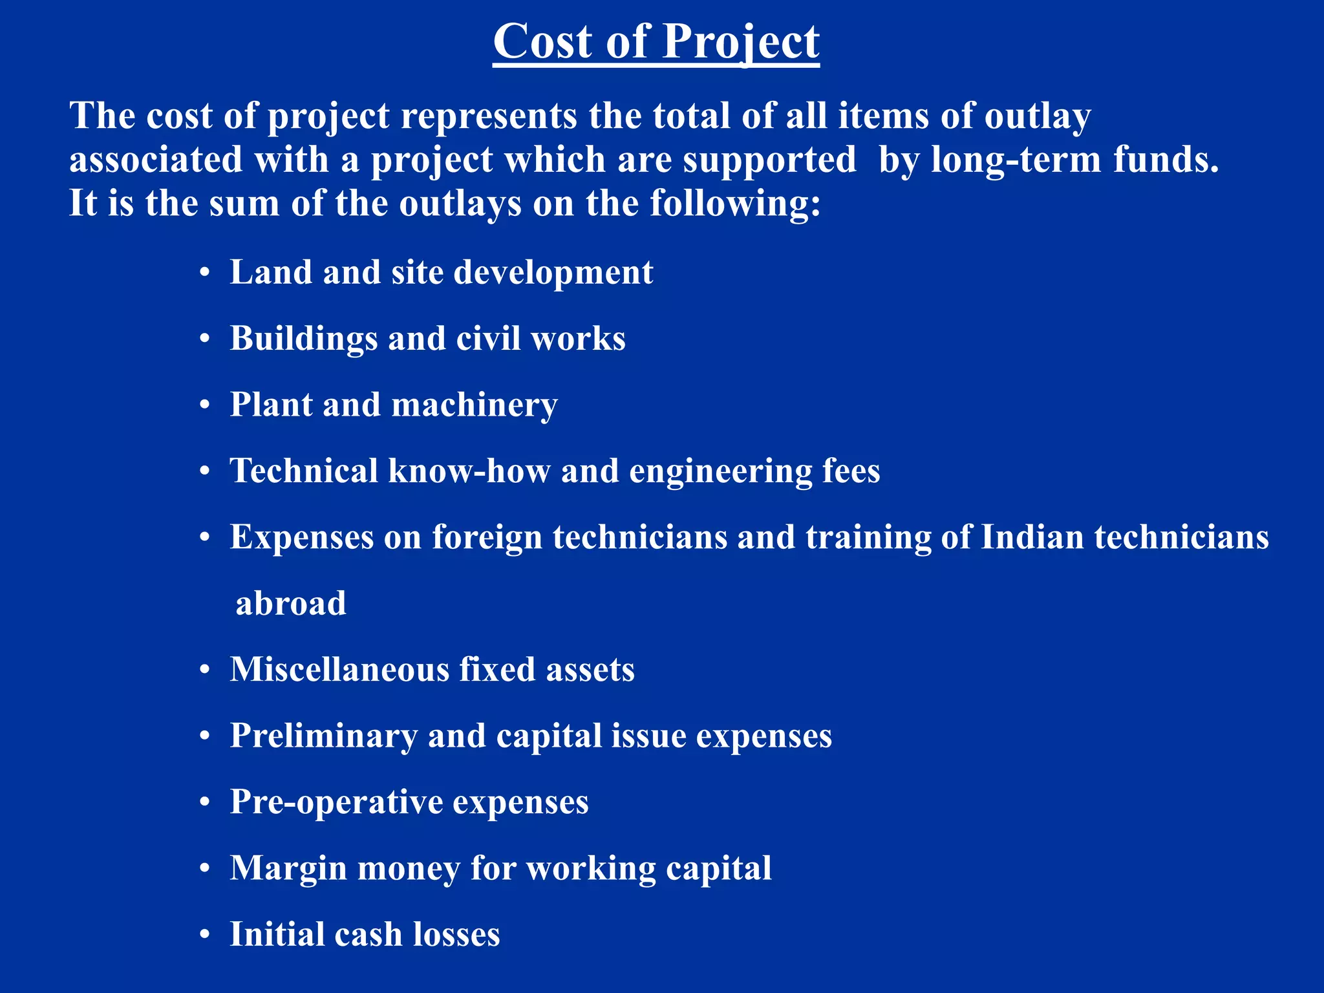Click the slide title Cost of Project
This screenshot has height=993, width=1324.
pos(656,41)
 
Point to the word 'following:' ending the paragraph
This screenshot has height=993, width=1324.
pos(735,204)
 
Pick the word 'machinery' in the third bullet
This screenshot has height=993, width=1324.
pos(474,405)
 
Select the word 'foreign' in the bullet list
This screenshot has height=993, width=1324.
pos(487,538)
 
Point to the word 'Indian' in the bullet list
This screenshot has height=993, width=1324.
pos(1032,537)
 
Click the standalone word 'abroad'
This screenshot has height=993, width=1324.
pos(291,603)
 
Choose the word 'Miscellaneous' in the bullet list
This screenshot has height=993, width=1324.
pos(339,669)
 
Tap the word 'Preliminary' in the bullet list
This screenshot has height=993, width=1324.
pos(323,736)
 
